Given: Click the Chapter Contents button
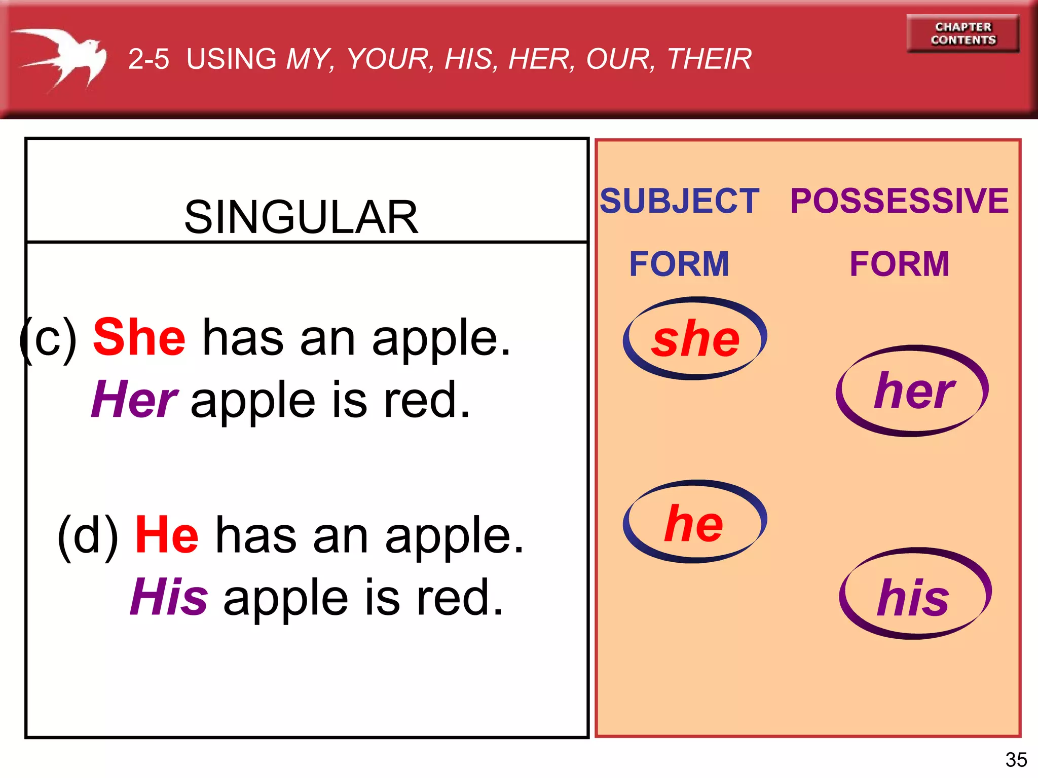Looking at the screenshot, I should [962, 33].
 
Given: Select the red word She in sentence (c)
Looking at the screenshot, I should [139, 337].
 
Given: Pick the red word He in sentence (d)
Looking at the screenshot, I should [167, 535].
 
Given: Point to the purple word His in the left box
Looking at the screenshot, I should [169, 597].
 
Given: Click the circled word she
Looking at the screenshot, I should [695, 338].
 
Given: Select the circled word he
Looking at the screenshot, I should [694, 523].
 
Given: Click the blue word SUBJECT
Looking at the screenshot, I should [679, 201].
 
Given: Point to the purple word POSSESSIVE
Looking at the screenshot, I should [899, 201].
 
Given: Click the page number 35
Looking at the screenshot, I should [1016, 760].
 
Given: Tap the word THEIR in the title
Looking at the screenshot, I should [709, 59].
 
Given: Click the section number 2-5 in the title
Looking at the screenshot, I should [149, 59].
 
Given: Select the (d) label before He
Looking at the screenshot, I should [88, 536].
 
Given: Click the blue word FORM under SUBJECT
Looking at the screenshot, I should [679, 264].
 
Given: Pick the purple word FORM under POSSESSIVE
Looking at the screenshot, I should [899, 264].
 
